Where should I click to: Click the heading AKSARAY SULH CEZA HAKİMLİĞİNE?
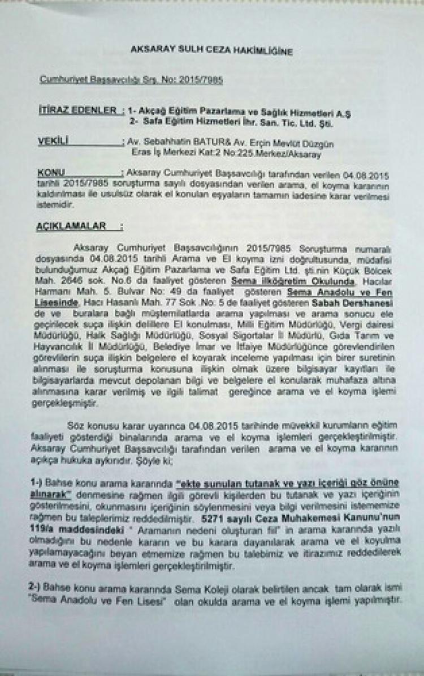click(x=211, y=52)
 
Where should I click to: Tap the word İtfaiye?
click(x=270, y=346)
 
